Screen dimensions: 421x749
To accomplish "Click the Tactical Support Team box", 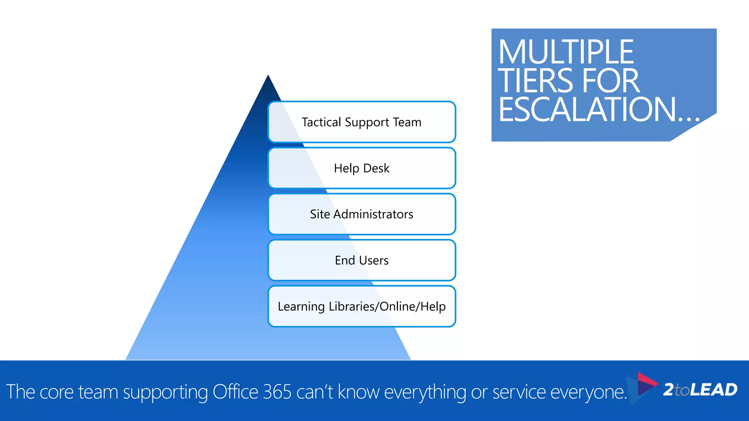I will coord(362,122).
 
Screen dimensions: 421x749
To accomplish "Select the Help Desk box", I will coord(362,168).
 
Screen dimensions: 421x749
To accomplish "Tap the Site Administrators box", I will coord(362,214).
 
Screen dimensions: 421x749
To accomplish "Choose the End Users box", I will coord(362,260).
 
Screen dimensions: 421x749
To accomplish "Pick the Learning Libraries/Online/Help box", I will coord(362,306).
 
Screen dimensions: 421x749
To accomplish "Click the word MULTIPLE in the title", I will coord(566,52).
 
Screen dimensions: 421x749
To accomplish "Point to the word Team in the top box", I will coord(407,122).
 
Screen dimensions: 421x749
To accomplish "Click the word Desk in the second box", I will coord(376,168).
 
